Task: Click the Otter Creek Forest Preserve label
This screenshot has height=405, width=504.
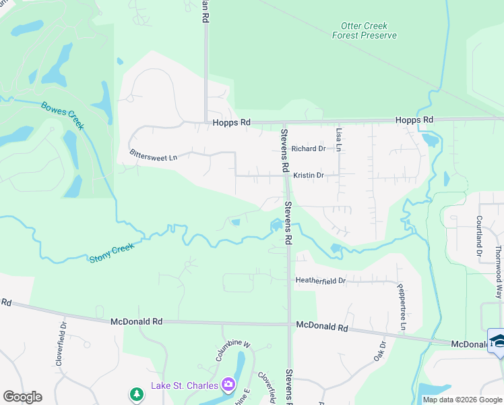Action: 365,31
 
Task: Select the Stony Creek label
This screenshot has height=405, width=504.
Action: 112,252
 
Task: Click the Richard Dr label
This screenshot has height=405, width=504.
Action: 309,148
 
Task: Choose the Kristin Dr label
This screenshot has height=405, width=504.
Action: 309,175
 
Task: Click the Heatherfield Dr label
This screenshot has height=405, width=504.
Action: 321,280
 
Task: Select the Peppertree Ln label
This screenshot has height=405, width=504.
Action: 403,307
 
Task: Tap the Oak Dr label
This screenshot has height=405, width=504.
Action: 379,350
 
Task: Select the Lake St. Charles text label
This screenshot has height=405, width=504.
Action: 184,385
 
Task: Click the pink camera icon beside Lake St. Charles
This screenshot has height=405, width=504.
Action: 228,385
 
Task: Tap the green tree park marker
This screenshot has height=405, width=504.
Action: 137,393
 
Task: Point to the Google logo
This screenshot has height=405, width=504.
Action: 22,397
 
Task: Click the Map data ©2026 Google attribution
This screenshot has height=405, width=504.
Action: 462,400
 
